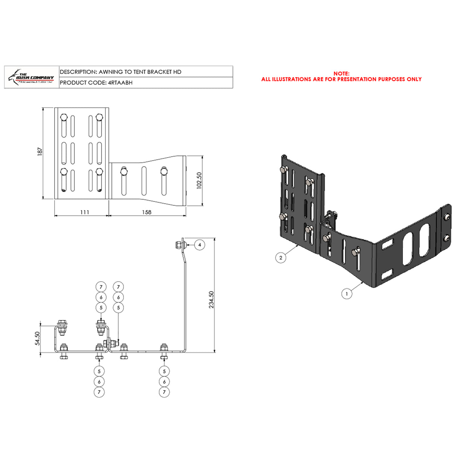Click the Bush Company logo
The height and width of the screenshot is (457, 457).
(32, 77)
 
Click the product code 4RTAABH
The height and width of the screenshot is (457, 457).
(120, 83)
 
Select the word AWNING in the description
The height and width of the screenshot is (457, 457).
(111, 72)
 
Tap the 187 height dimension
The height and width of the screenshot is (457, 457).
(40, 151)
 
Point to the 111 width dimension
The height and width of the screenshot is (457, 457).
(85, 212)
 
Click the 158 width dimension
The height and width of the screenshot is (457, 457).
(147, 212)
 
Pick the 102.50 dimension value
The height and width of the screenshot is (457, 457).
(199, 181)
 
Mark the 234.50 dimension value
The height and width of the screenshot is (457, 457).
(211, 300)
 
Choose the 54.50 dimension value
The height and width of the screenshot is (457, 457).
(37, 338)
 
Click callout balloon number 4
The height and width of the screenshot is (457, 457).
(200, 245)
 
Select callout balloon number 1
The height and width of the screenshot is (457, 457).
(347, 294)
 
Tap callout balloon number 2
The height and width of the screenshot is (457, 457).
(281, 258)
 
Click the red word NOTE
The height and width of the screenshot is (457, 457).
(341, 74)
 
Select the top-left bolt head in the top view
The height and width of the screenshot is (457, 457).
(64, 117)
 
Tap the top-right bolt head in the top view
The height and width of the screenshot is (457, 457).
(99, 117)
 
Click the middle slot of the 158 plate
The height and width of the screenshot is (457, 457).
(144, 181)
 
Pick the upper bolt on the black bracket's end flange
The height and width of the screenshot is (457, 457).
(446, 217)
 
